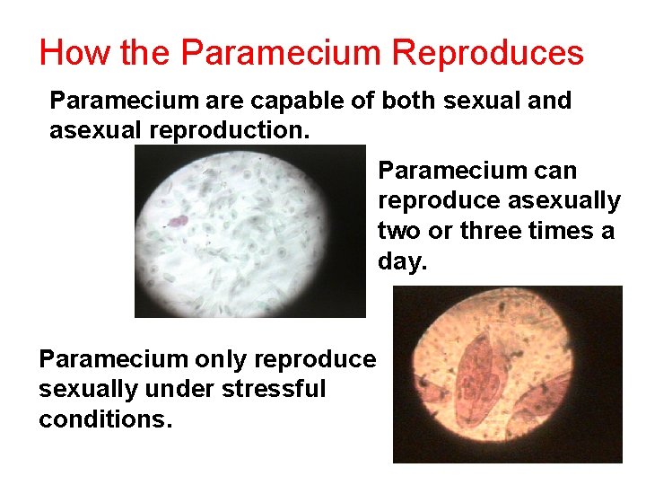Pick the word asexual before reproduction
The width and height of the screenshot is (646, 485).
point(96,130)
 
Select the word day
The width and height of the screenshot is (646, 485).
point(401,262)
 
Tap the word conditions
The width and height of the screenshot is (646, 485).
point(103,419)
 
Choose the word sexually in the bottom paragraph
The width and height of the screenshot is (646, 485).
point(86,390)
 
